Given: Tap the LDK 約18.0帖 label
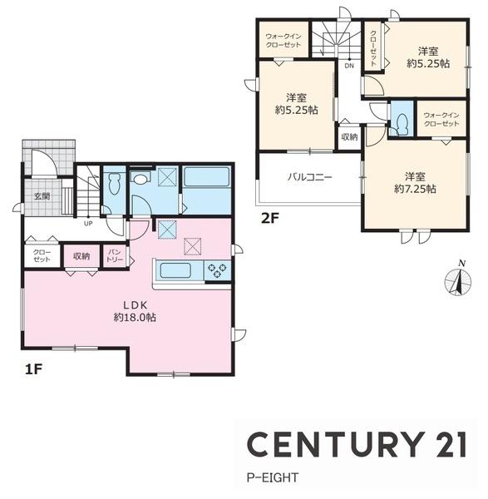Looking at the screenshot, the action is pyautogui.click(x=135, y=311).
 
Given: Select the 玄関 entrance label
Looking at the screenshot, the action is pyautogui.click(x=42, y=196).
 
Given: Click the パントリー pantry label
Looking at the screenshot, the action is pyautogui.click(x=115, y=256).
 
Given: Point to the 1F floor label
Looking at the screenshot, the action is pyautogui.click(x=33, y=369).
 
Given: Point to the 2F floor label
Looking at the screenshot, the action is pyautogui.click(x=269, y=218).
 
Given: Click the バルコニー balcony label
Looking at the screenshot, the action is pyautogui.click(x=309, y=176).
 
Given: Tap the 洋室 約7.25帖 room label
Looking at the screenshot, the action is pyautogui.click(x=415, y=183).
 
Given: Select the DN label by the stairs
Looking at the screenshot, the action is pyautogui.click(x=349, y=66).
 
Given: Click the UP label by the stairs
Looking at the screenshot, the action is pyautogui.click(x=88, y=224).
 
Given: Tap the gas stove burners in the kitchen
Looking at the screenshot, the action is pyautogui.click(x=217, y=270).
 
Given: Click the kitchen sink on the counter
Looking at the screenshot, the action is pyautogui.click(x=175, y=270).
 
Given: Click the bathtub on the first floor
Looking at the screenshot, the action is pyautogui.click(x=207, y=176).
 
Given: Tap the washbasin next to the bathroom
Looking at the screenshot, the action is pyautogui.click(x=140, y=178).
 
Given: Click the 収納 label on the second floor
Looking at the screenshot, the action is pyautogui.click(x=349, y=137).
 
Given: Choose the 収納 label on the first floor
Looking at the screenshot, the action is pyautogui.click(x=81, y=256).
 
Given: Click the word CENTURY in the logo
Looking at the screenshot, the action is pyautogui.click(x=337, y=445).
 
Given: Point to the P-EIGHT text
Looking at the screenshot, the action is pyautogui.click(x=273, y=477).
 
